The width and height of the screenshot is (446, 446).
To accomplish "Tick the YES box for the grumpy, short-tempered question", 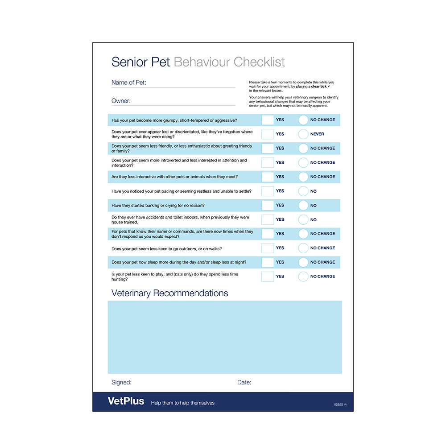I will [x=268, y=120].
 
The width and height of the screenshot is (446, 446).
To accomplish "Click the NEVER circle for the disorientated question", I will [x=303, y=134].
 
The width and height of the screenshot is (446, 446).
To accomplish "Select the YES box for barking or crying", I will [x=268, y=206].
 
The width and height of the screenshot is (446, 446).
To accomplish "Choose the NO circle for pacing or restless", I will [x=303, y=191].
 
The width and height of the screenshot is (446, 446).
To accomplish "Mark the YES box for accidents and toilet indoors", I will [x=268, y=220].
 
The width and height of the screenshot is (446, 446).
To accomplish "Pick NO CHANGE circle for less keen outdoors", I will [x=303, y=248].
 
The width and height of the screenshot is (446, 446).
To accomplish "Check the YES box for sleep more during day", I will [x=268, y=262].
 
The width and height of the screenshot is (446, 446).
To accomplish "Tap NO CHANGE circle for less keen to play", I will [x=303, y=277].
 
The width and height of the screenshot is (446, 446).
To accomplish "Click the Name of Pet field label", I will [x=129, y=83].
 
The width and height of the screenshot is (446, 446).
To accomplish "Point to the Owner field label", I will [x=121, y=101].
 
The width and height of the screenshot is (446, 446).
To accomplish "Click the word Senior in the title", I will [x=129, y=62].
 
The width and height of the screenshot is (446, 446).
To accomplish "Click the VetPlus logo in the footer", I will [x=126, y=401].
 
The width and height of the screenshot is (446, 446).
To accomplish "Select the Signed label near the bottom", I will [x=121, y=382].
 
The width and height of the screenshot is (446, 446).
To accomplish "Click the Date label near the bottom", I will [x=244, y=382].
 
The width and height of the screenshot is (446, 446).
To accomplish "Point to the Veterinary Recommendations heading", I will [x=169, y=293].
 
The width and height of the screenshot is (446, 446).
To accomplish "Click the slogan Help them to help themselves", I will [x=183, y=403].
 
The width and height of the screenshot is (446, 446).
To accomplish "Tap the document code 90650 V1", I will [x=340, y=405].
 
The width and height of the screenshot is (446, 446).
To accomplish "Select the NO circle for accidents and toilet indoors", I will [x=303, y=220].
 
